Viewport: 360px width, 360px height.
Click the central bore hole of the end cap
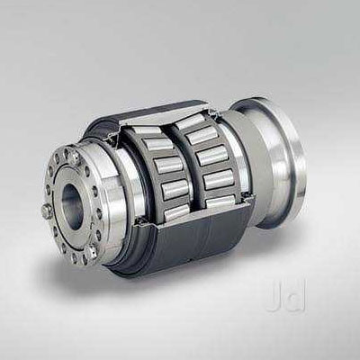click(73, 203)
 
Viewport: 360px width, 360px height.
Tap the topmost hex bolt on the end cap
click(74, 155)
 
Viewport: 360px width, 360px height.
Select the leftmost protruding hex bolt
click(47, 211)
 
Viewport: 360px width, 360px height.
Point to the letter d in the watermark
click(295, 295)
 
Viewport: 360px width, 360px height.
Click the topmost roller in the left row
click(147, 130)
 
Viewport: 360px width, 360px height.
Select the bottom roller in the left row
click(177, 211)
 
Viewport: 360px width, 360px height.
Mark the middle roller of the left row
click(169, 165)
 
